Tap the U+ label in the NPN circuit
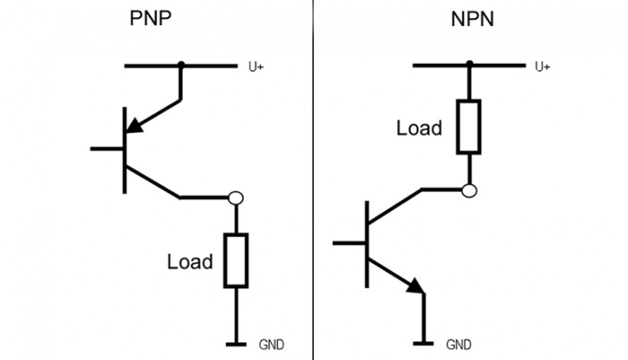pyautogui.click(x=543, y=67)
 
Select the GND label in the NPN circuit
pyautogui.click(x=458, y=344)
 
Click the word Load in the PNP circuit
pyautogui.click(x=190, y=262)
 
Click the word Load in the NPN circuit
pyautogui.click(x=419, y=128)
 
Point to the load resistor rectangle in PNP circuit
pyautogui.click(x=236, y=261)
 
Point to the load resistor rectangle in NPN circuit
pyautogui.click(x=469, y=127)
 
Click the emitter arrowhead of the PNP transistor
pyautogui.click(x=133, y=130)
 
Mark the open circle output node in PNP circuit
pyautogui.click(x=236, y=197)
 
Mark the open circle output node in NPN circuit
pyautogui.click(x=469, y=190)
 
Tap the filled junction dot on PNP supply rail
pyautogui.click(x=181, y=66)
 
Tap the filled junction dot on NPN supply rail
pyautogui.click(x=469, y=66)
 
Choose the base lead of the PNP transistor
pyautogui.click(x=106, y=148)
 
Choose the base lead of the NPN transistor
pyautogui.click(x=348, y=242)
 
